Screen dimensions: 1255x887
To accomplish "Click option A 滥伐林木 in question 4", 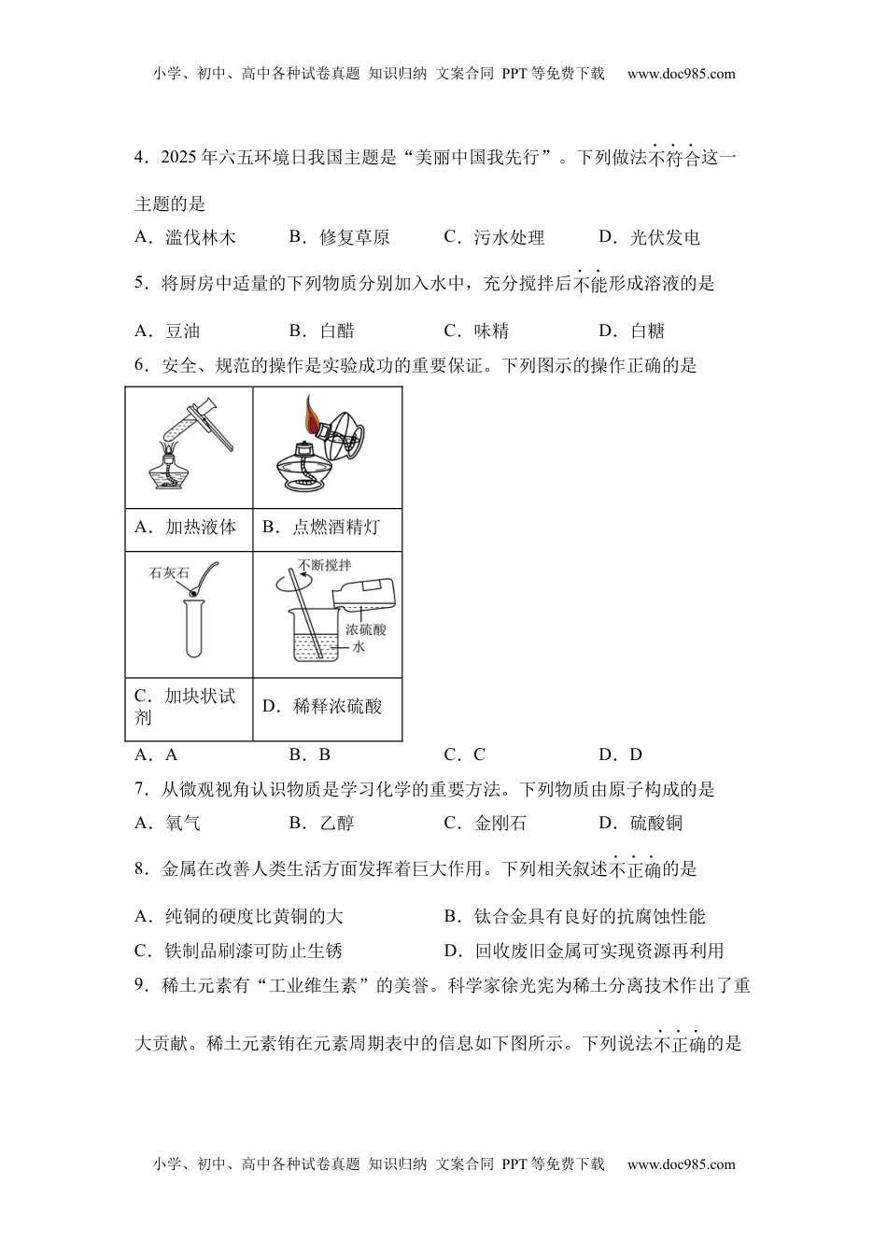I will pyautogui.click(x=186, y=237).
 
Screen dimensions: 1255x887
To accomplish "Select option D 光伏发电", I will pyautogui.click(x=650, y=237).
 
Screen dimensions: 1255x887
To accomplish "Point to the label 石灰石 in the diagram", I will pyautogui.click(x=169, y=573).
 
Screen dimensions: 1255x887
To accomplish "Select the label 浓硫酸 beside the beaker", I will pyautogui.click(x=365, y=629).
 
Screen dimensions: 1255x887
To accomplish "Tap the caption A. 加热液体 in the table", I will pyautogui.click(x=186, y=527).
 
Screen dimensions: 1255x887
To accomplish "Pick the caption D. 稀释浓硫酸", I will pyautogui.click(x=323, y=707).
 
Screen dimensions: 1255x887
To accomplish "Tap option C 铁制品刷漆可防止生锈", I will pyautogui.click(x=238, y=951).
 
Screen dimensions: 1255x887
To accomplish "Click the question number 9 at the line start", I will pyautogui.click(x=140, y=984).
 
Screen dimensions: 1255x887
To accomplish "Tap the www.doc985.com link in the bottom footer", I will pyautogui.click(x=681, y=1163).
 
